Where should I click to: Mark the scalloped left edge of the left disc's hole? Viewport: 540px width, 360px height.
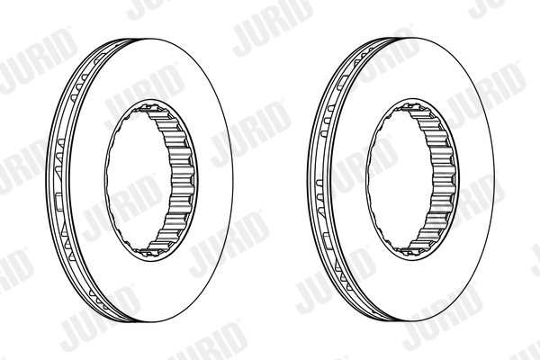click(x=110, y=180)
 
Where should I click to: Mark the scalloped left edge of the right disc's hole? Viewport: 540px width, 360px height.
click(x=371, y=180)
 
